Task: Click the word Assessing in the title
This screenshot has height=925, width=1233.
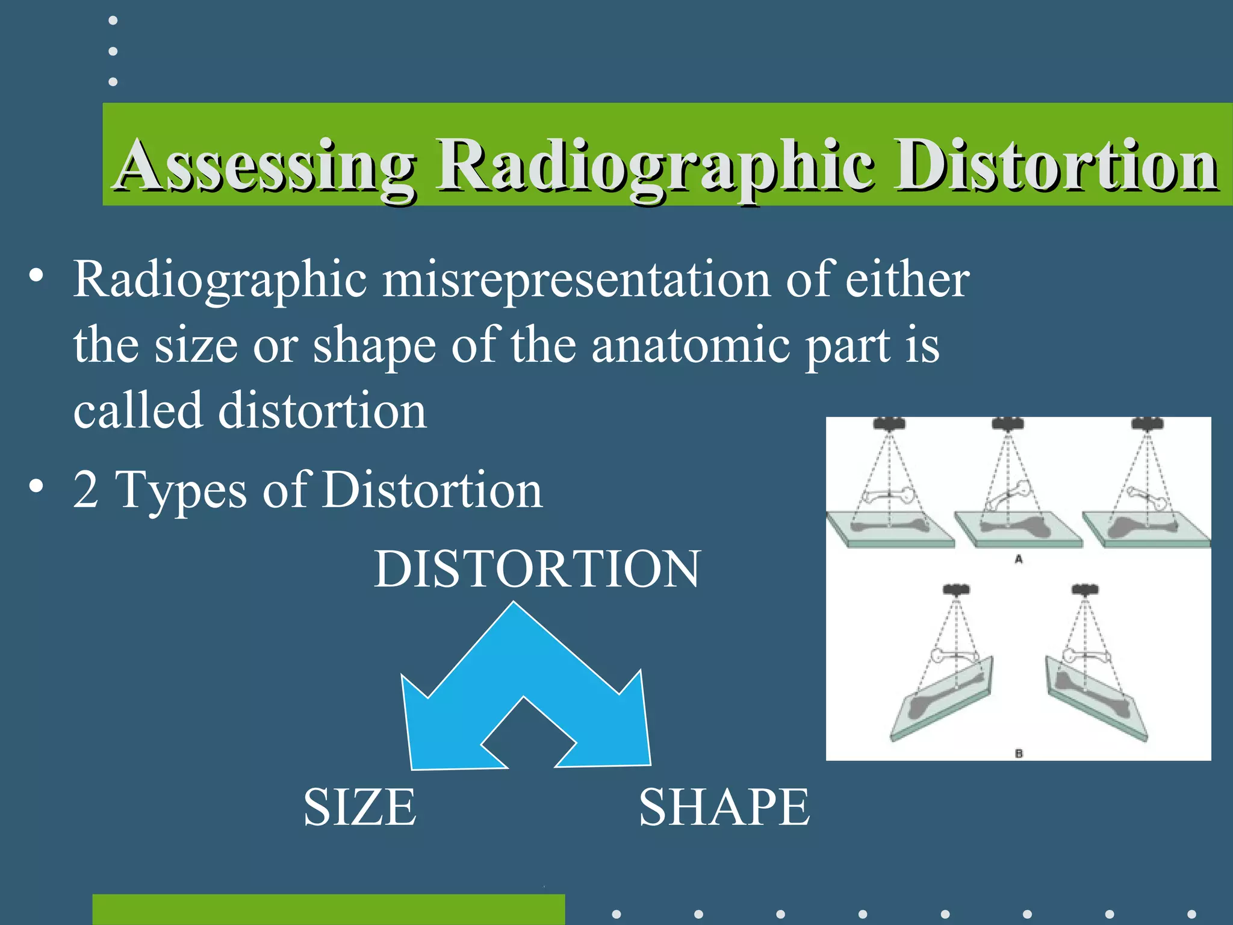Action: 265,166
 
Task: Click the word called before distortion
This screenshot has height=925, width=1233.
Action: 138,411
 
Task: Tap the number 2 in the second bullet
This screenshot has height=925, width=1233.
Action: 86,490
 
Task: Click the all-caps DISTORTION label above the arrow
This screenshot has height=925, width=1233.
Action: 537,568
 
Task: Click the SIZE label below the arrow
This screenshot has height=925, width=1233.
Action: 359,808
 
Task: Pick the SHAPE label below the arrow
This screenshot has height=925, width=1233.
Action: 724,808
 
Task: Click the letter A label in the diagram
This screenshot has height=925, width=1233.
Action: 1019,559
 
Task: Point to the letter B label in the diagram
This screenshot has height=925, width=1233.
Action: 1019,753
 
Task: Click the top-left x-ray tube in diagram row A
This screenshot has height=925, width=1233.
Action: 889,423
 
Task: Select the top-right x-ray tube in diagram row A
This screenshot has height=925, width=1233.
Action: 1148,423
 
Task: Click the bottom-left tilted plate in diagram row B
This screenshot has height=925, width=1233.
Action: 942,702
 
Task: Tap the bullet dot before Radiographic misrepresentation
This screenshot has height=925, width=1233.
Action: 36,276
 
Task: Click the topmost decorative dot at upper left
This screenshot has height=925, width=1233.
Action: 113,20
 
